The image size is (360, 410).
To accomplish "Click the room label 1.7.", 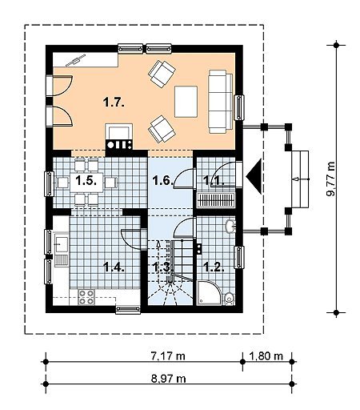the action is (x=114, y=102).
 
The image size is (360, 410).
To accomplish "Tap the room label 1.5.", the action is (x=86, y=181).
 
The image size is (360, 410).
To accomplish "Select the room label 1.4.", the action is (x=114, y=267).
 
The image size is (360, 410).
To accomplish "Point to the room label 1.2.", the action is (x=214, y=267).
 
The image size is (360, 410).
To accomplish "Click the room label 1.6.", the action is (x=162, y=181).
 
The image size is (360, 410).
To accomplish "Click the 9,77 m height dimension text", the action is (x=330, y=179).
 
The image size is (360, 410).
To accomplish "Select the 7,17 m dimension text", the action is (x=168, y=356).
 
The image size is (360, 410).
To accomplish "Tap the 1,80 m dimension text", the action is (x=266, y=356).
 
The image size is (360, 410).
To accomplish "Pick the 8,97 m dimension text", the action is (x=169, y=379).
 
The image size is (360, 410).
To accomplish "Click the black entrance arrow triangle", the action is (x=255, y=175).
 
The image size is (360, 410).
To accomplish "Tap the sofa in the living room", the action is (x=221, y=102).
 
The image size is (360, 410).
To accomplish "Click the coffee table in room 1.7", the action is (x=186, y=102).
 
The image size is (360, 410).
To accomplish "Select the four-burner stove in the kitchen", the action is (x=86, y=297).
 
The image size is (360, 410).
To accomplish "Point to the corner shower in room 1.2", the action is (x=208, y=293).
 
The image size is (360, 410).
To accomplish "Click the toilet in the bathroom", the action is (x=229, y=299).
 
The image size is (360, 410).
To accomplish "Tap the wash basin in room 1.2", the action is (x=230, y=226).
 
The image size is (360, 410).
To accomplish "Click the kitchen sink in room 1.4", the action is (x=62, y=244).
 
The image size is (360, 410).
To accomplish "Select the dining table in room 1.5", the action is (x=86, y=183).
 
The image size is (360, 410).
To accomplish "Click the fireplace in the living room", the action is (x=119, y=136).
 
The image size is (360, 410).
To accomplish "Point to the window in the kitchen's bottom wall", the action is (x=128, y=309).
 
